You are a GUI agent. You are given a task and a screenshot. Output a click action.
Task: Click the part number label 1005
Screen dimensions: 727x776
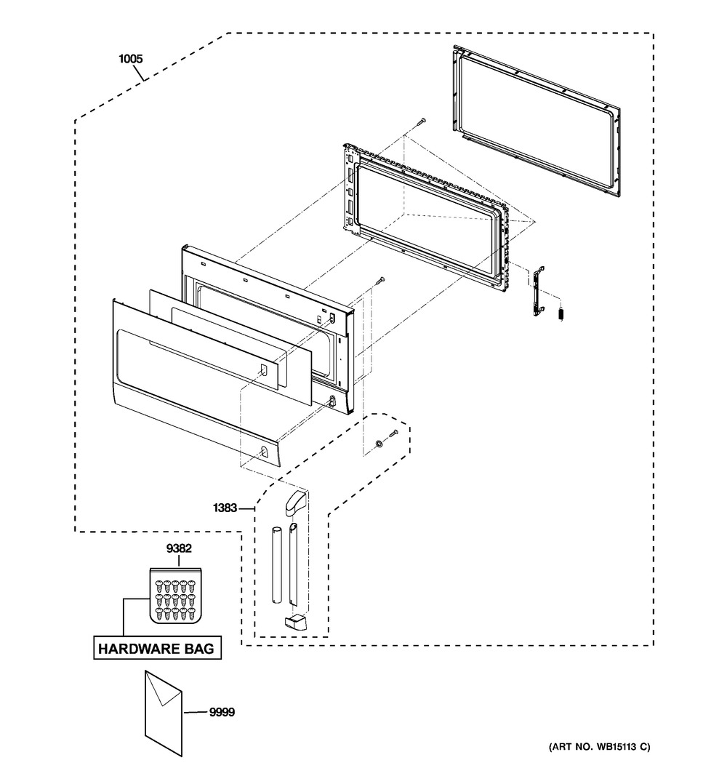click(131, 59)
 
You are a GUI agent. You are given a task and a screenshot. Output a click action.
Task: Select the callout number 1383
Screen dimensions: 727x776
click(225, 508)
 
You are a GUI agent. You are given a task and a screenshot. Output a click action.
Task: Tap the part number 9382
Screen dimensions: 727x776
click(179, 548)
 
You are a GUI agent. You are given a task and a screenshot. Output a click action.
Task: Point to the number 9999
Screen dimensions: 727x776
click(222, 712)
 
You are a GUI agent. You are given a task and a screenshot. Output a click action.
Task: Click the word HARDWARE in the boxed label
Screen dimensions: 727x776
click(132, 649)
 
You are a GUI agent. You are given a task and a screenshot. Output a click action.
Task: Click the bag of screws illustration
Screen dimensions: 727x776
click(175, 596)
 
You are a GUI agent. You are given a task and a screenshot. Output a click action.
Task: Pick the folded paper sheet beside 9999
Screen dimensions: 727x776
click(164, 713)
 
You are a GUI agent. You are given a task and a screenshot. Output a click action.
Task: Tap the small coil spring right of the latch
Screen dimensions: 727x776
click(561, 314)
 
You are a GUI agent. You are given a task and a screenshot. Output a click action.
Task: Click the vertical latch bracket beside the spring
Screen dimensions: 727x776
click(539, 292)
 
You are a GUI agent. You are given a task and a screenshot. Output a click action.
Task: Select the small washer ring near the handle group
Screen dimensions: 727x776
click(379, 443)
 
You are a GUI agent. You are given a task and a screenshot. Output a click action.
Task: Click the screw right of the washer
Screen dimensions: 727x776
click(393, 433)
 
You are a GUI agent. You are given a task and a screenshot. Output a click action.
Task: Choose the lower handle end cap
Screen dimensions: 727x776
click(295, 623)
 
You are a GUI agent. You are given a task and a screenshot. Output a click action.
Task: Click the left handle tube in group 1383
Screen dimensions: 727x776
click(276, 566)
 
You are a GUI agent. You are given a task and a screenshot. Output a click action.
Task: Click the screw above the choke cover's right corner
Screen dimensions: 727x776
click(379, 281)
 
